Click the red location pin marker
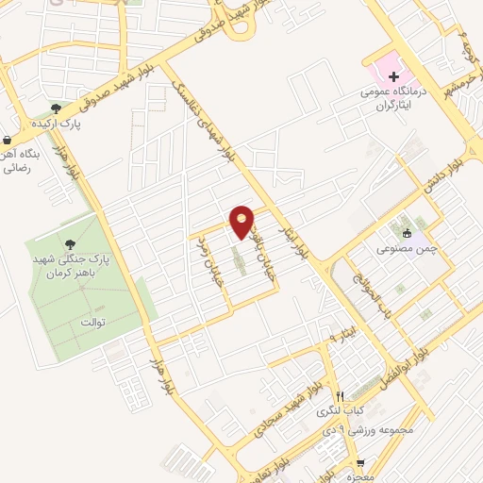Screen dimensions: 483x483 click(241, 222)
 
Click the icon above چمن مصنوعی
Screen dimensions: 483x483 click(407, 233)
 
